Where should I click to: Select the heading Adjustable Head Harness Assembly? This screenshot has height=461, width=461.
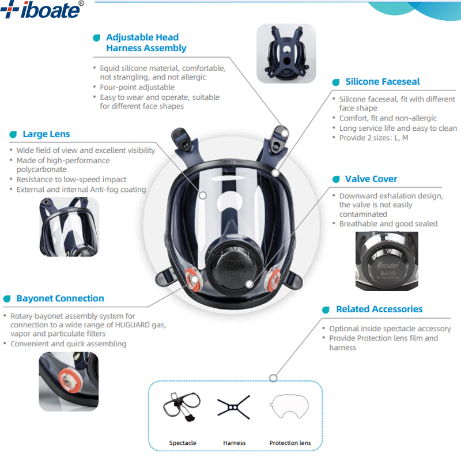click(146, 43)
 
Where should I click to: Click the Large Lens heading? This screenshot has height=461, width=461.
click(46, 134)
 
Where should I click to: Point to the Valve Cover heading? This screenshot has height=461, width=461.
click(371, 179)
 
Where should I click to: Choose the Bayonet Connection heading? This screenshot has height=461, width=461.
click(60, 298)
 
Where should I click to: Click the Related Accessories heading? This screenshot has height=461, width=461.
click(379, 309)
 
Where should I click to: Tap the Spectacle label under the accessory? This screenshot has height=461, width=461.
click(183, 443)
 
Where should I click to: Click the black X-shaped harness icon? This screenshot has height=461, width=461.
click(234, 406)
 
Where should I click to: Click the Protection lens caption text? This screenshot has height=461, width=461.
click(290, 443)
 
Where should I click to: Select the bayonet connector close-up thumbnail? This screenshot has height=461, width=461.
click(69, 381)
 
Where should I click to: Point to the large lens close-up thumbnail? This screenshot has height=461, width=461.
click(69, 227)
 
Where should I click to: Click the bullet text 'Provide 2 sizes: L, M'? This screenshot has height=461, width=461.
click(373, 138)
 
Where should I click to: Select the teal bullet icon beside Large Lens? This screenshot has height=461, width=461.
click(13, 134)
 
